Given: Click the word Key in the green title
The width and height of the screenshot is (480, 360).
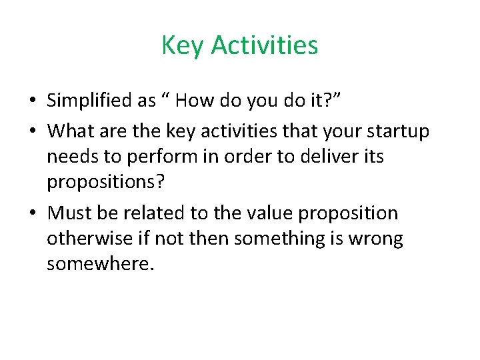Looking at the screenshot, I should pyautogui.click(x=183, y=46).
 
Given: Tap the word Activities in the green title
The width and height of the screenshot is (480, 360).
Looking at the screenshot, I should pyautogui.click(x=265, y=46).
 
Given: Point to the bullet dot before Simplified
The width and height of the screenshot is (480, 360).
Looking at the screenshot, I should pyautogui.click(x=32, y=101).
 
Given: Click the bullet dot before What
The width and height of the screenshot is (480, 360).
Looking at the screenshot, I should pyautogui.click(x=32, y=132).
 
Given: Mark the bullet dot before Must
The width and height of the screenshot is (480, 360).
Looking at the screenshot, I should pyautogui.click(x=32, y=214).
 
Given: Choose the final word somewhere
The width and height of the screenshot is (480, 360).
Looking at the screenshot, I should pyautogui.click(x=100, y=264).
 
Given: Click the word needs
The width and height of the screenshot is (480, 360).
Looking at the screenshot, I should pyautogui.click(x=71, y=157).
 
